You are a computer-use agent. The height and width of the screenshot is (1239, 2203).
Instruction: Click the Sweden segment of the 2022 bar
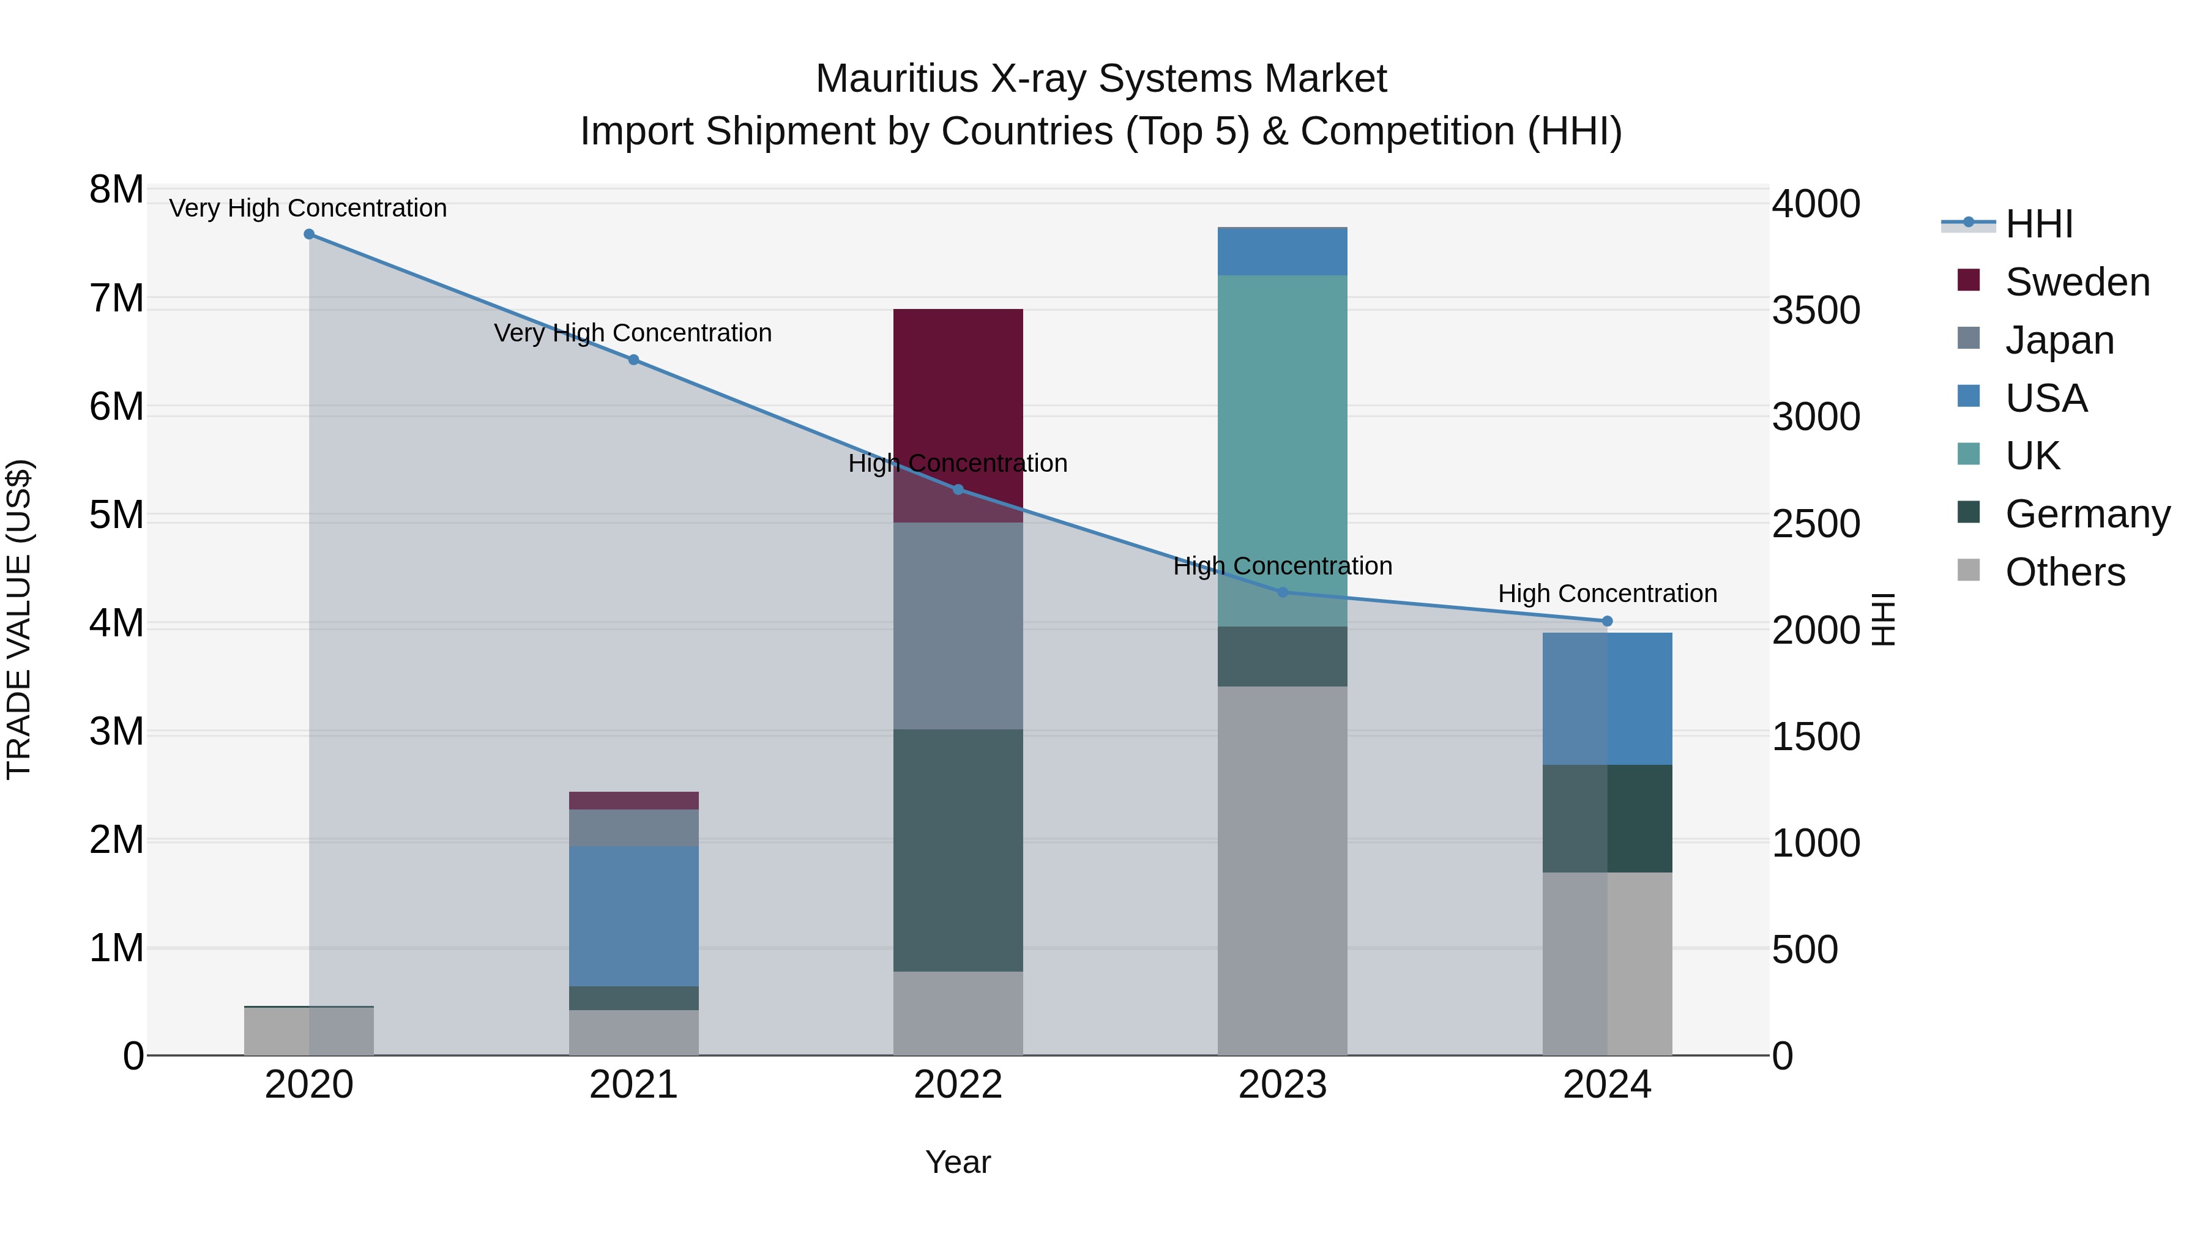click(958, 385)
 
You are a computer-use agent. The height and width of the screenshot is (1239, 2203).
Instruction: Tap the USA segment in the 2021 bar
click(634, 915)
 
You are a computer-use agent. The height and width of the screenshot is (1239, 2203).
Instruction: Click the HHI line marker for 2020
click(310, 234)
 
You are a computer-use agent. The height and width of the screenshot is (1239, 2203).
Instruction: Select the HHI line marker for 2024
click(1607, 622)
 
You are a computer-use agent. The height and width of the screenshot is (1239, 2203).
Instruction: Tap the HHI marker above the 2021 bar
click(634, 360)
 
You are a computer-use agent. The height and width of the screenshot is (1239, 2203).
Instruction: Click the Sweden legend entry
click(2076, 282)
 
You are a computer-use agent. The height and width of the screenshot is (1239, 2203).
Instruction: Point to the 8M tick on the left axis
click(116, 190)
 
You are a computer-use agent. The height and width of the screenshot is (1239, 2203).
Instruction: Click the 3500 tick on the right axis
click(1815, 310)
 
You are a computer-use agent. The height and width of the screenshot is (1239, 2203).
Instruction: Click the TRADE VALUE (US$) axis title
click(19, 619)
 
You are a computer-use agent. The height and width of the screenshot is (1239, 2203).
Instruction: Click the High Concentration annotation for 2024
click(1607, 593)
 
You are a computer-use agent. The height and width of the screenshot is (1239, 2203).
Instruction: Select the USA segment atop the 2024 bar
click(1607, 699)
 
